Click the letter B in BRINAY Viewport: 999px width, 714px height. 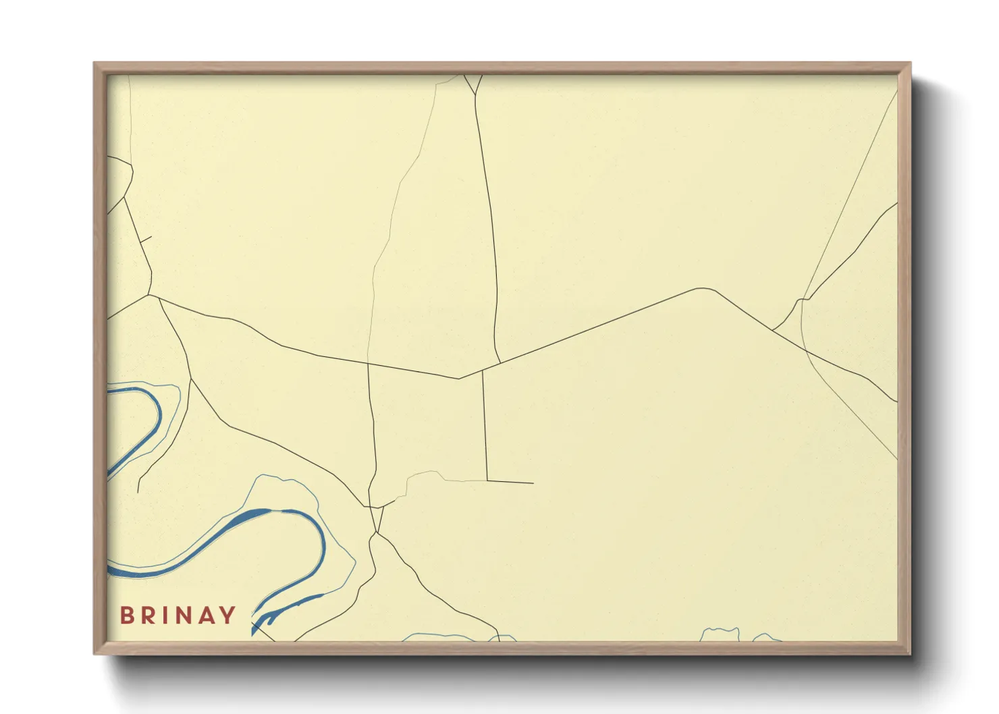(126, 615)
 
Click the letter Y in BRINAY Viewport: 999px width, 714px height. (227, 615)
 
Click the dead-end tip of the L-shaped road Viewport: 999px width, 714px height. (533, 483)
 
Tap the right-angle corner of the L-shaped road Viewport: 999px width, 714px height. (487, 481)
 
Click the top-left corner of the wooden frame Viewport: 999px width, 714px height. (95, 64)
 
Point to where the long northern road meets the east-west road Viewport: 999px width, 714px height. (500, 363)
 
